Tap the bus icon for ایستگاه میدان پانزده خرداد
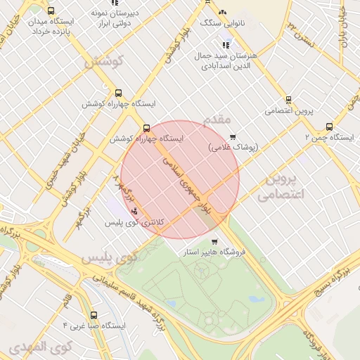pyautogui.click(x=51, y=11)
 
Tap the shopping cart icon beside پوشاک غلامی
pyautogui.click(x=233, y=137)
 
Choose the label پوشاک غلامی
pyautogui.click(x=233, y=148)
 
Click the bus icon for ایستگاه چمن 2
pyautogui.click(x=329, y=127)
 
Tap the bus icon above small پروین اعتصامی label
pyautogui.click(x=288, y=100)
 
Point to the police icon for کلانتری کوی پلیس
pyautogui.click(x=134, y=212)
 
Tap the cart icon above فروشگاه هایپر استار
pyautogui.click(x=214, y=241)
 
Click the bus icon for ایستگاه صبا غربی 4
pyautogui.click(x=94, y=316)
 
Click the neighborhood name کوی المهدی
pyautogui.click(x=41, y=347)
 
